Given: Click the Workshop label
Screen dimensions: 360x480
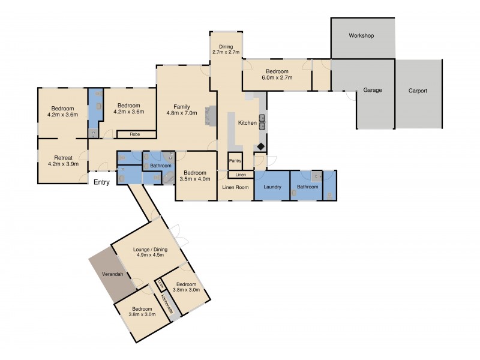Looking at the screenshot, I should click(361, 36).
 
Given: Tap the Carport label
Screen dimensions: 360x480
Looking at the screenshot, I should click(418, 91).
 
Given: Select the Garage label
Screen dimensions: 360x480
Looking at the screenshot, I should click(372, 91).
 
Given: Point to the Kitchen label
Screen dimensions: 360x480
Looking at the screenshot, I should click(247, 123).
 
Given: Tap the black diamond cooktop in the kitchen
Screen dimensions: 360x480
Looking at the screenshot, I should click(261, 146).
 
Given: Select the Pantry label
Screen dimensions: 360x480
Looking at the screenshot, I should click(235, 161).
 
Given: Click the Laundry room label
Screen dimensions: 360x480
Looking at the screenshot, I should click(272, 187).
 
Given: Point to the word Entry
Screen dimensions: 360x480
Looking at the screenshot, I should click(101, 182).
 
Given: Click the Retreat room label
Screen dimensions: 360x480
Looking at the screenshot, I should click(62, 158).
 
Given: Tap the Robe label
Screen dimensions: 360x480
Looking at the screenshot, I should click(134, 135).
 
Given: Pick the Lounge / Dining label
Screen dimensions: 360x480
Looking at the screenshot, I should click(150, 250).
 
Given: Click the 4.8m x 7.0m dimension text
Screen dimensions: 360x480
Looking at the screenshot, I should click(182, 113).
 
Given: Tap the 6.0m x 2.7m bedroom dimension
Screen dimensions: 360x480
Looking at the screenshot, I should click(277, 77).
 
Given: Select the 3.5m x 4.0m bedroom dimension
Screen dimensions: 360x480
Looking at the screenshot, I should click(196, 178).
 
